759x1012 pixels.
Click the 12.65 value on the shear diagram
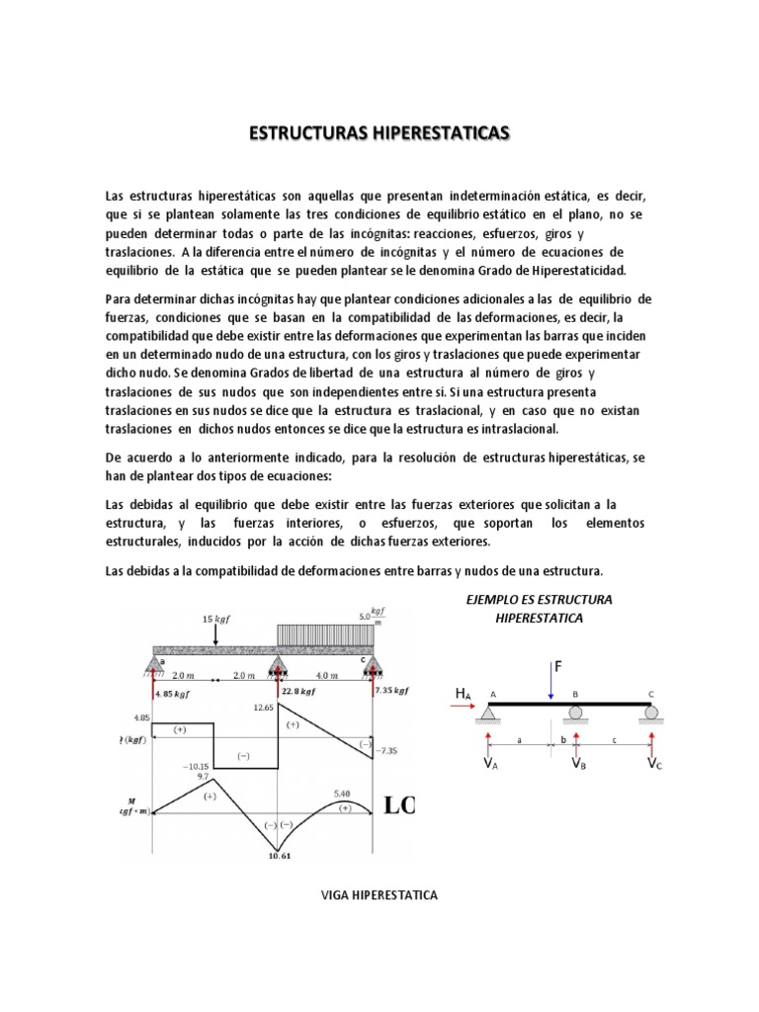[264, 708]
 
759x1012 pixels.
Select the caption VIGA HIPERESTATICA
[379, 896]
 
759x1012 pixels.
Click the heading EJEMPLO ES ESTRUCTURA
[539, 600]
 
